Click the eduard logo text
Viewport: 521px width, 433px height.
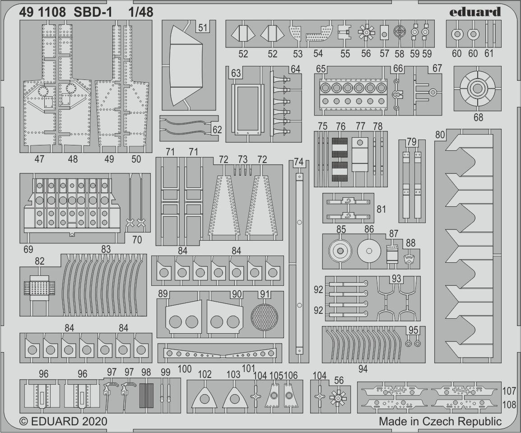coord(475,12)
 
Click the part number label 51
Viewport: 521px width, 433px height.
coord(203,27)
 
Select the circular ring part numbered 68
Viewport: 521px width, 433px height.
coord(477,88)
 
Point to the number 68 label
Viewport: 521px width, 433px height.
coord(478,117)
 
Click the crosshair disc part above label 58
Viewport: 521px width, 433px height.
coord(400,32)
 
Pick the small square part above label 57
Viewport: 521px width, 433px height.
coord(384,33)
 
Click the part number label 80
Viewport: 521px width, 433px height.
coord(440,135)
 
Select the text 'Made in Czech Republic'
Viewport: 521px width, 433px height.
coord(440,421)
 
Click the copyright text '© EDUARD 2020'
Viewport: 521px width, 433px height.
coord(63,421)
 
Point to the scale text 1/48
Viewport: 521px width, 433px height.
coord(141,12)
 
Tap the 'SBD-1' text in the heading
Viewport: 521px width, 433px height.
coord(93,12)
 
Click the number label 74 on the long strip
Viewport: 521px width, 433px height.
coord(298,162)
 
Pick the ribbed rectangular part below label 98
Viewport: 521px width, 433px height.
coord(146,396)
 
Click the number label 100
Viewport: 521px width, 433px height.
coord(184,368)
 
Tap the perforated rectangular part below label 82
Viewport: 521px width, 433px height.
coord(39,288)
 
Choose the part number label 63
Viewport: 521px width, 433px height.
coord(236,73)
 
